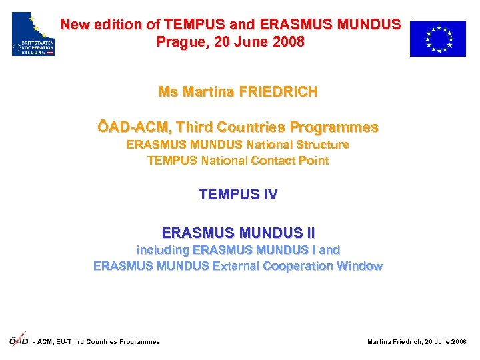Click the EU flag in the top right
coord(437,38)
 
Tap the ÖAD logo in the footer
coord(19,341)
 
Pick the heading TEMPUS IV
coord(238,195)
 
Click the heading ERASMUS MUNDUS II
coord(238,233)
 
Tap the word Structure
coord(323,145)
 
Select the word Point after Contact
coord(314,161)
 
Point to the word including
coord(163,250)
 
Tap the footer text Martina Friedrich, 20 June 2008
coord(417,342)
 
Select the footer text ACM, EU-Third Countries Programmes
coord(99,342)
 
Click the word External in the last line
coord(236,266)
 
